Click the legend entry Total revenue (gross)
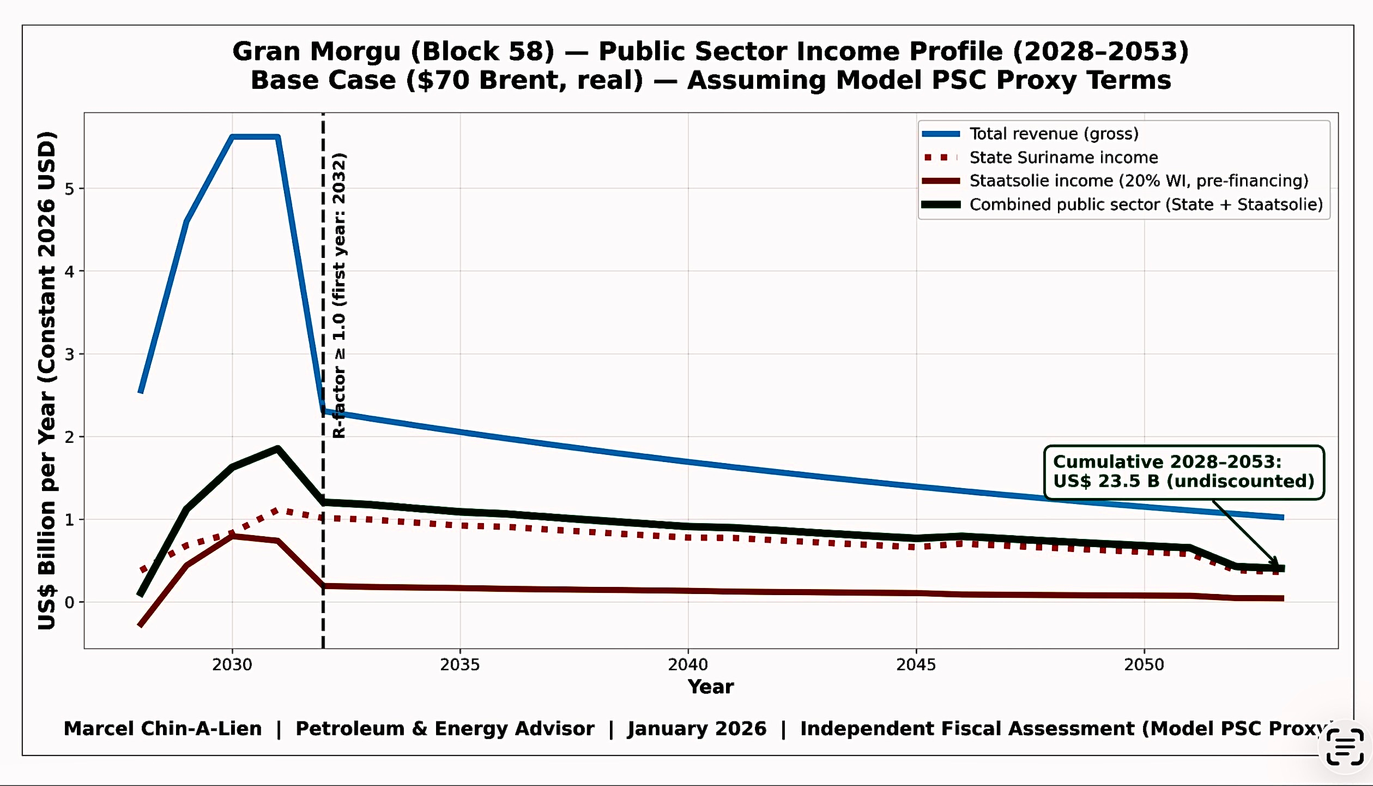[x=1054, y=134]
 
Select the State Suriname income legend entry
[x=1063, y=158]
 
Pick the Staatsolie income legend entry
[x=1138, y=181]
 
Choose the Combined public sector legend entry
[x=1145, y=205]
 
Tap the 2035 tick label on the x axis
[x=459, y=664]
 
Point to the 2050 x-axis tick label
[x=1144, y=664]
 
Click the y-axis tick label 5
[x=69, y=189]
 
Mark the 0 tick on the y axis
[x=69, y=602]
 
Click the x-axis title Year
[x=710, y=687]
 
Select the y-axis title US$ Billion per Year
[x=47, y=380]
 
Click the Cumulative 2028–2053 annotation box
[x=1183, y=472]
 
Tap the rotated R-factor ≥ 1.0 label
[x=339, y=295]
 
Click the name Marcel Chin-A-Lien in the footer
[x=162, y=729]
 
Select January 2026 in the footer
[x=697, y=729]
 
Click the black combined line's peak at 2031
[x=278, y=449]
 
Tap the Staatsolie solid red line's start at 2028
[x=140, y=625]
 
